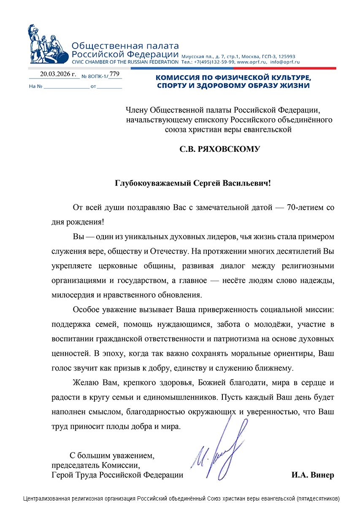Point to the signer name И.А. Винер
click(312, 475)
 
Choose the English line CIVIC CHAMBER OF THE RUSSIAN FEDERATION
click(125, 62)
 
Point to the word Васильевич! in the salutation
click(247, 184)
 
